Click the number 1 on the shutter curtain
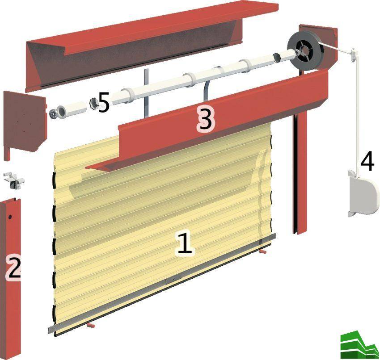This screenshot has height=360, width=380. [185, 243]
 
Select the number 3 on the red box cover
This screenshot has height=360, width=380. [205, 119]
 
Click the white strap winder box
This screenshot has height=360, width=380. [363, 193]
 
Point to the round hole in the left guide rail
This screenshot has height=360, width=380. [10, 217]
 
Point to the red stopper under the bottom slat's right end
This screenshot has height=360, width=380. [263, 252]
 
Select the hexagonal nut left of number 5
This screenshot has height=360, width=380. [93, 104]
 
